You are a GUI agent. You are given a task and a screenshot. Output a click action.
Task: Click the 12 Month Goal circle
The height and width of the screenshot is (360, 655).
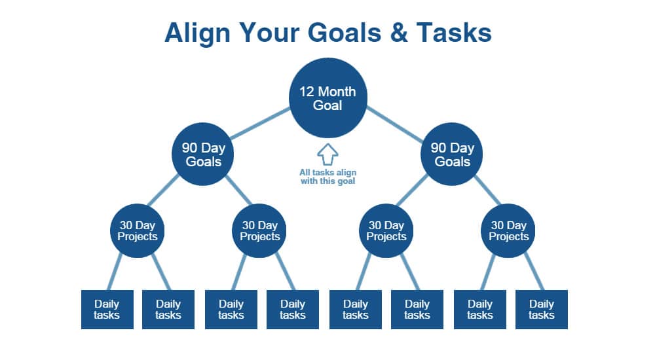click(x=328, y=98)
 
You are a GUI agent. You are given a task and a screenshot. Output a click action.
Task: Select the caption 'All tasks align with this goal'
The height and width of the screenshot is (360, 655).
click(x=328, y=177)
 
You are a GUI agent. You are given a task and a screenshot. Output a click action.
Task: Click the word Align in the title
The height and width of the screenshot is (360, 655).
click(x=197, y=33)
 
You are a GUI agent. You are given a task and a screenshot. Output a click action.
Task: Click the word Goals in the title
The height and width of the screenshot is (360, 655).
click(x=345, y=33)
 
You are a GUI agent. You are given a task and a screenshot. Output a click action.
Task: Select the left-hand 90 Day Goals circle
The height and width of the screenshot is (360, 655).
click(x=202, y=154)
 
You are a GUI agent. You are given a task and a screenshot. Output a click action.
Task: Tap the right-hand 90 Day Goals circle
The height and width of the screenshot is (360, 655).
click(x=451, y=154)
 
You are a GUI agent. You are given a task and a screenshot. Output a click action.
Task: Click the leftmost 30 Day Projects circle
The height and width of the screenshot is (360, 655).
click(x=137, y=230)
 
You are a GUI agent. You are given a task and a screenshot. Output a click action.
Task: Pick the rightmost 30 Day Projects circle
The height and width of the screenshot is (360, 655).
click(x=508, y=230)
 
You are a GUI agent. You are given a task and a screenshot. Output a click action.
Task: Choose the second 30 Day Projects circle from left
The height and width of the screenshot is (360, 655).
click(x=259, y=230)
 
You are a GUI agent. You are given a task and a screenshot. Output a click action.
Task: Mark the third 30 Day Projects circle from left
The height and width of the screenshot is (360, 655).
click(x=386, y=230)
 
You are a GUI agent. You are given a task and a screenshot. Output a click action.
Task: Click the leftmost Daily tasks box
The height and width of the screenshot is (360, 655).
click(x=107, y=310)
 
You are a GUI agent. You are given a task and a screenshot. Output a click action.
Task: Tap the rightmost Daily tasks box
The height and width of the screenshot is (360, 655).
click(x=542, y=310)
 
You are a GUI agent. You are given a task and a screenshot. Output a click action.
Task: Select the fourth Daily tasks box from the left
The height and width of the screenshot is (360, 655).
click(x=292, y=310)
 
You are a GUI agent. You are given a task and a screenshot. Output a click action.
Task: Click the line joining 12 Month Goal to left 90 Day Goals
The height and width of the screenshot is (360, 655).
click(x=260, y=123)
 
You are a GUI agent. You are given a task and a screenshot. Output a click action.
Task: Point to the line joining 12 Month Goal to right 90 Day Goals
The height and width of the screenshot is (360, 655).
click(x=395, y=124)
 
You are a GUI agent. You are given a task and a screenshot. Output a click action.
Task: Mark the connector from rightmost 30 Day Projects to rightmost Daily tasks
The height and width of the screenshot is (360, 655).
click(x=534, y=272)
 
